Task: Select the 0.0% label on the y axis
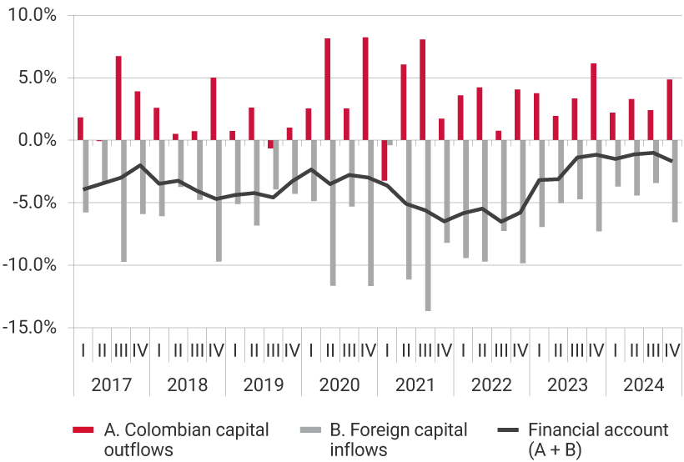pos(35,140)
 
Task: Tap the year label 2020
pos(339,385)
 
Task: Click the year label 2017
pos(111,385)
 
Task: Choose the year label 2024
pos(643,385)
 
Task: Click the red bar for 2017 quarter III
pos(118,98)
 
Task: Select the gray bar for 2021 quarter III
pos(428,225)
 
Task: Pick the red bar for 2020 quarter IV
pos(365,88)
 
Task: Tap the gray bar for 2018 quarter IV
pos(219,200)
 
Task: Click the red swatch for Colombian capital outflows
pos(83,430)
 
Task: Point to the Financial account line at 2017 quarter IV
pos(140,165)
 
